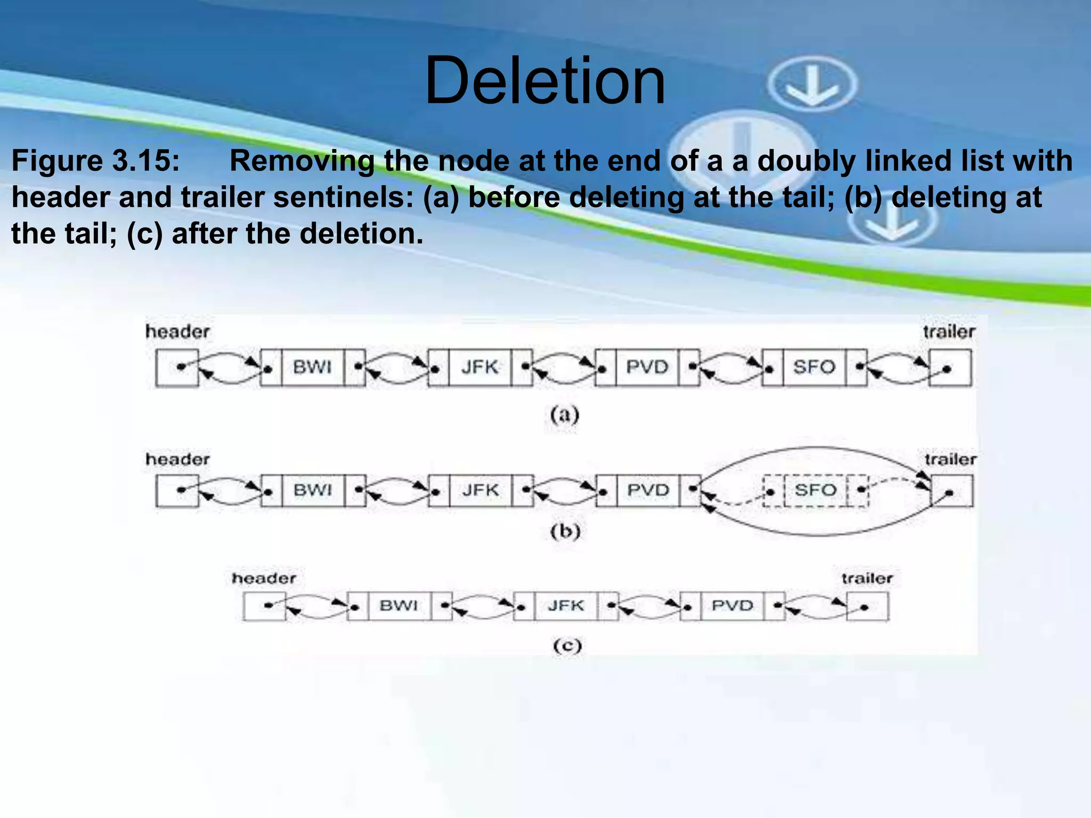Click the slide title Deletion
tap(544, 81)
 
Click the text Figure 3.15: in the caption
tap(96, 160)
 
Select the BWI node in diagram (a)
tap(312, 367)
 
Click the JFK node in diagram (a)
tap(479, 367)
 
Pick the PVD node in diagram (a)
tap(647, 367)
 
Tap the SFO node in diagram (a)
tap(814, 367)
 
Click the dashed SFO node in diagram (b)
tap(815, 490)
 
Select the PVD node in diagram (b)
tap(648, 490)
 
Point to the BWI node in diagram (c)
tap(398, 606)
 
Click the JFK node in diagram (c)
tap(566, 606)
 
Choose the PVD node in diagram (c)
tap(732, 606)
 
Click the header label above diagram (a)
tap(177, 332)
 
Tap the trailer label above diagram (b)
tap(950, 459)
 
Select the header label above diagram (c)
tap(264, 578)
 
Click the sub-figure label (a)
tap(565, 415)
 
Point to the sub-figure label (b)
tap(565, 531)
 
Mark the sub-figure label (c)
tap(567, 646)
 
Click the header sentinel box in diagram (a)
tap(177, 367)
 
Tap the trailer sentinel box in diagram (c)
tap(868, 607)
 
